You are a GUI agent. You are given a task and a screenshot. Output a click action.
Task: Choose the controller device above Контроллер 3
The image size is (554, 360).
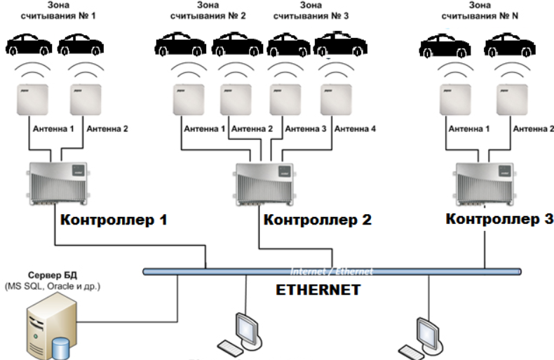click(484, 182)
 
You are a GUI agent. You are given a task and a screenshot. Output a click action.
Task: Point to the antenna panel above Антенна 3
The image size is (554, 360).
click(285, 98)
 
